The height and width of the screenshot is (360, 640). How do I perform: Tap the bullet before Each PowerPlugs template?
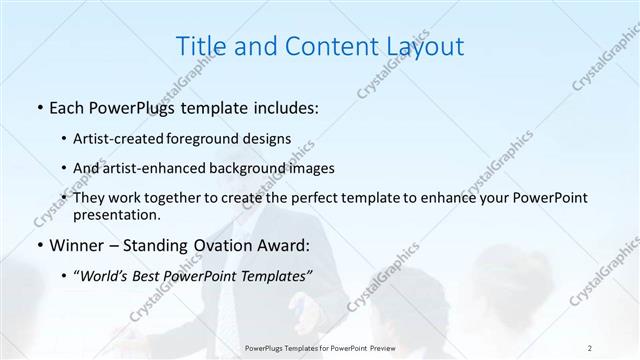[38, 108]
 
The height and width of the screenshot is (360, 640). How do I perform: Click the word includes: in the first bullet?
[284, 108]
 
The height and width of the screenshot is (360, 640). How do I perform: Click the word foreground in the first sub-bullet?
[218, 138]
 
